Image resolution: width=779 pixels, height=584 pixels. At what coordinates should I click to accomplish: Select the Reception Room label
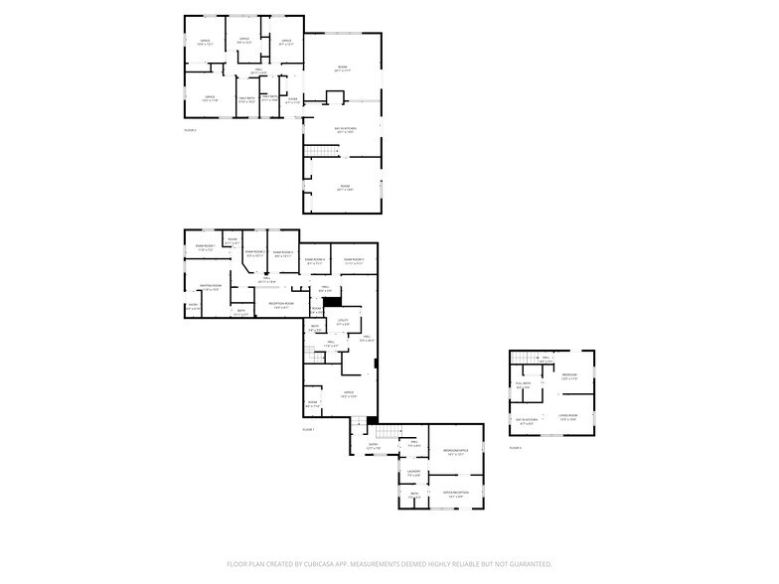[282, 304]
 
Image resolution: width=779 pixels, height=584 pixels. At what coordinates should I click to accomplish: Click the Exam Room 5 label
[354, 261]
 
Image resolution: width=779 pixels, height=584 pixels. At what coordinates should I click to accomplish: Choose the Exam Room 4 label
[315, 261]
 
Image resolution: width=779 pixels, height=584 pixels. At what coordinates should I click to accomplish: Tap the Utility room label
[343, 322]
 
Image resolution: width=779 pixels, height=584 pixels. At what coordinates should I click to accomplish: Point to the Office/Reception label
[456, 494]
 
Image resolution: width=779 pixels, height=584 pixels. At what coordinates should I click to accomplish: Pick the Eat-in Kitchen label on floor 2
[344, 129]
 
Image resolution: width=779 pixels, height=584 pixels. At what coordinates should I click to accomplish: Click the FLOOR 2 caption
[190, 129]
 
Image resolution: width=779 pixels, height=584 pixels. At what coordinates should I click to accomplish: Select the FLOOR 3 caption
[515, 448]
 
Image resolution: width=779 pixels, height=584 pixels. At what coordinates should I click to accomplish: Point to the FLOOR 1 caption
[308, 428]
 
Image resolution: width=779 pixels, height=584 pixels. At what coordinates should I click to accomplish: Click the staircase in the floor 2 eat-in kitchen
[319, 150]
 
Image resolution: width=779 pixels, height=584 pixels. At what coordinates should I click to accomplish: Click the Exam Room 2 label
[254, 253]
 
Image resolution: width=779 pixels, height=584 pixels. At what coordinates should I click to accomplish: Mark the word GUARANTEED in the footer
[528, 563]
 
